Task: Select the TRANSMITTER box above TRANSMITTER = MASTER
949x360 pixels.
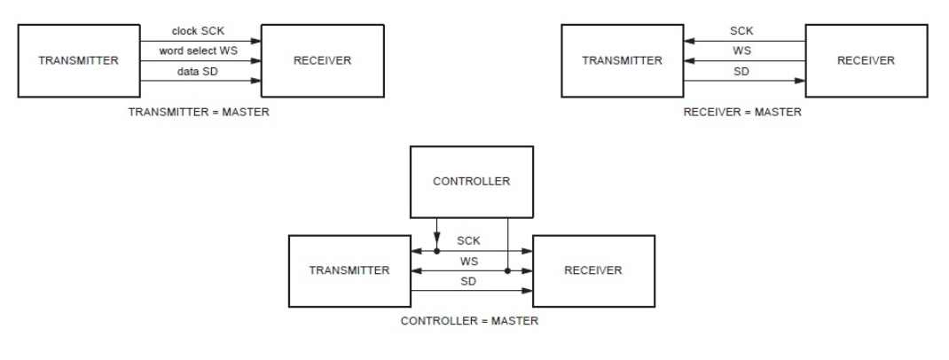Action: click(77, 61)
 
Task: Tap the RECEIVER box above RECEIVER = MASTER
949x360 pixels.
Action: click(866, 61)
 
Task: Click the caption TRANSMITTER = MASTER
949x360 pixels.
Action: click(199, 113)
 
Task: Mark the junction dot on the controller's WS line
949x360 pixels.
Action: click(506, 271)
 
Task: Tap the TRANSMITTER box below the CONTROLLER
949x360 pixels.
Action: click(349, 270)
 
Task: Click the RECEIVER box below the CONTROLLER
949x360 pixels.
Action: click(592, 270)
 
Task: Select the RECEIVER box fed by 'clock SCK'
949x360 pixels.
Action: click(323, 61)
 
